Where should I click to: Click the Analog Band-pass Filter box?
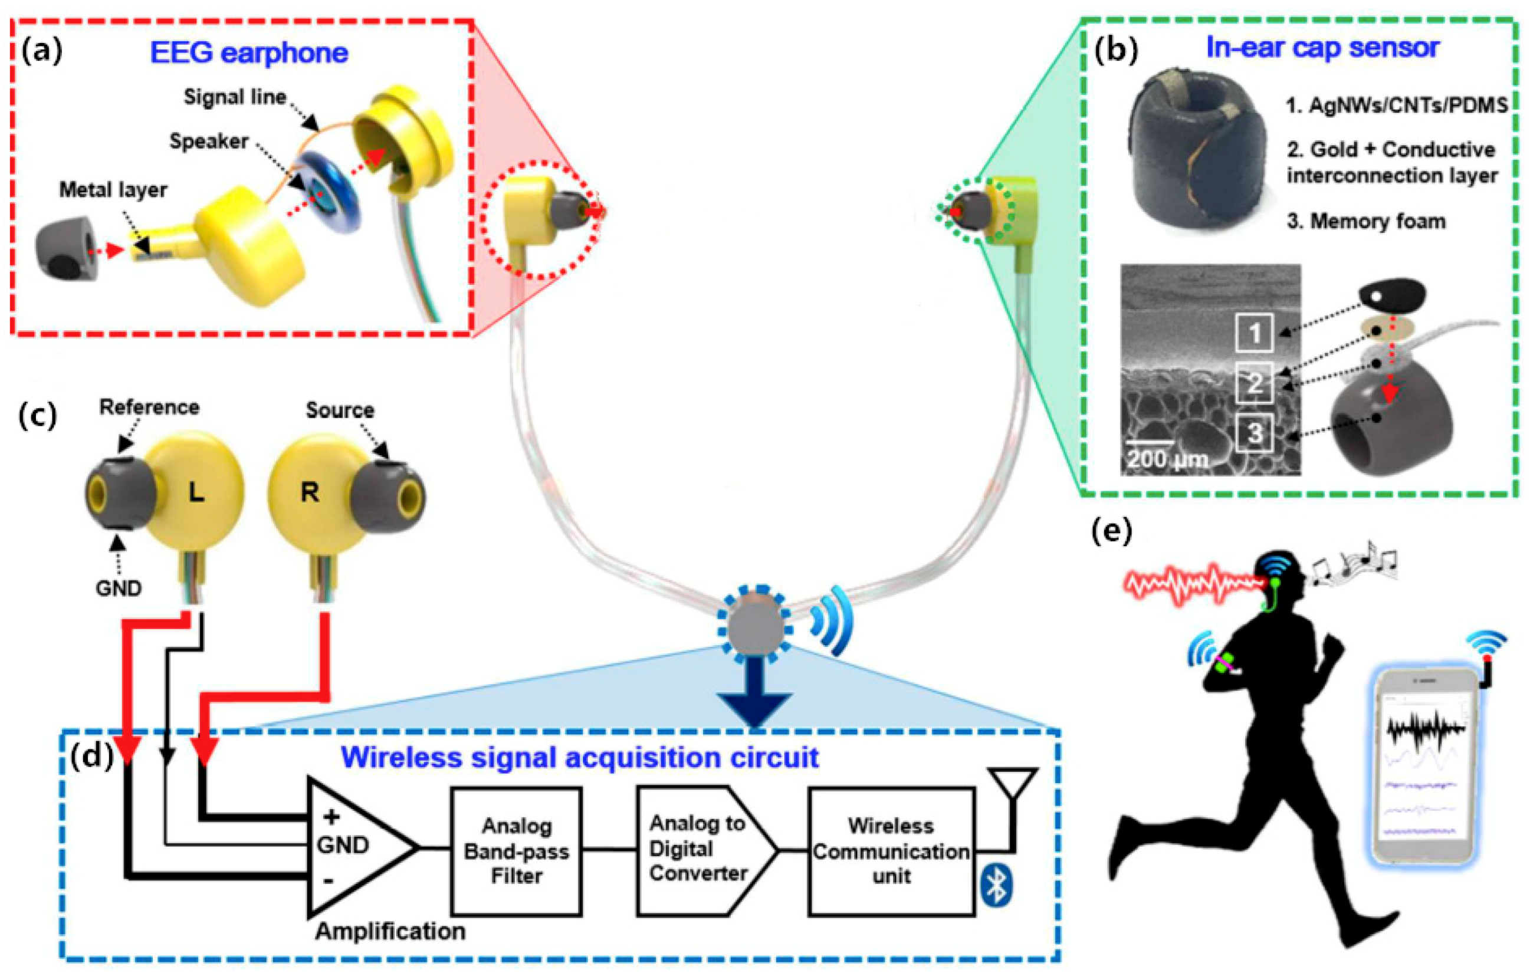(x=516, y=850)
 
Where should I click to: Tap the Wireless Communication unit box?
(x=891, y=850)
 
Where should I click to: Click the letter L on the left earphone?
(x=196, y=492)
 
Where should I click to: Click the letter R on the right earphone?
(x=310, y=492)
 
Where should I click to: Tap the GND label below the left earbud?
(x=118, y=588)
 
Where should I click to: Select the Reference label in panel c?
(x=149, y=407)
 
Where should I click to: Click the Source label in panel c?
(x=340, y=410)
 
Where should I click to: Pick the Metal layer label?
(x=113, y=190)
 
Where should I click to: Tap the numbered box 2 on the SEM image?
(x=1254, y=383)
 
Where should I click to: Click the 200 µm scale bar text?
(x=1167, y=458)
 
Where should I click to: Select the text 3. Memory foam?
(x=1366, y=221)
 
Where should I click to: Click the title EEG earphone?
(x=249, y=52)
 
